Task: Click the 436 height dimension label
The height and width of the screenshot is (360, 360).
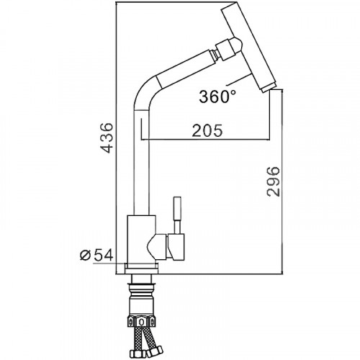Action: click(x=107, y=138)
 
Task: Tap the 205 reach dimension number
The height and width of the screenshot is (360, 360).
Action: click(x=207, y=130)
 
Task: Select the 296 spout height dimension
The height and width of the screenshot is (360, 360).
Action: click(x=274, y=181)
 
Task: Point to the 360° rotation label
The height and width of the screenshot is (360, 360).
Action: click(x=217, y=96)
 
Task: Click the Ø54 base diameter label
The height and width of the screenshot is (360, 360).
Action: click(x=96, y=255)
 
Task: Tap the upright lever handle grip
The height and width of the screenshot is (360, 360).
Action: click(x=177, y=208)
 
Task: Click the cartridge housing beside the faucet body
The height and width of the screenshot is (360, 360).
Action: click(x=176, y=247)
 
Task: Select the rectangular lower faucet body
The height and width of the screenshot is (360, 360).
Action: click(x=142, y=239)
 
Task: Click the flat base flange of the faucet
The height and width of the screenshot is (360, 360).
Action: click(x=141, y=269)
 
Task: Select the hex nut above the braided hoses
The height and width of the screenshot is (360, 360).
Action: click(x=142, y=321)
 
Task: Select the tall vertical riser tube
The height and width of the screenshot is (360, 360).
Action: click(x=141, y=162)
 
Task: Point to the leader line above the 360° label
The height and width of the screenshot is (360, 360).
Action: click(x=238, y=80)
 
